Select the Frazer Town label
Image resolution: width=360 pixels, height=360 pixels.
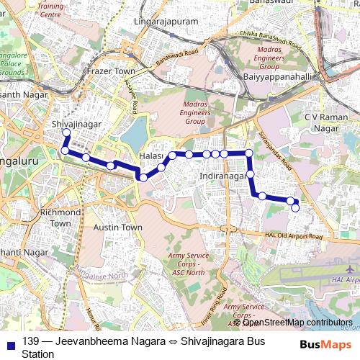tap(110, 72)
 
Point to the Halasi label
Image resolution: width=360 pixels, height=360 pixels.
tap(151, 156)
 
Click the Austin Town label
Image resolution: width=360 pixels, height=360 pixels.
tap(118, 227)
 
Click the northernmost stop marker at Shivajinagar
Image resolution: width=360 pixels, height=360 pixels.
tap(66, 133)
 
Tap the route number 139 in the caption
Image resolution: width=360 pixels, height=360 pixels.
tap(30, 341)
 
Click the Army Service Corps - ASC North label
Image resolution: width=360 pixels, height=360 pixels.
tap(186, 264)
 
